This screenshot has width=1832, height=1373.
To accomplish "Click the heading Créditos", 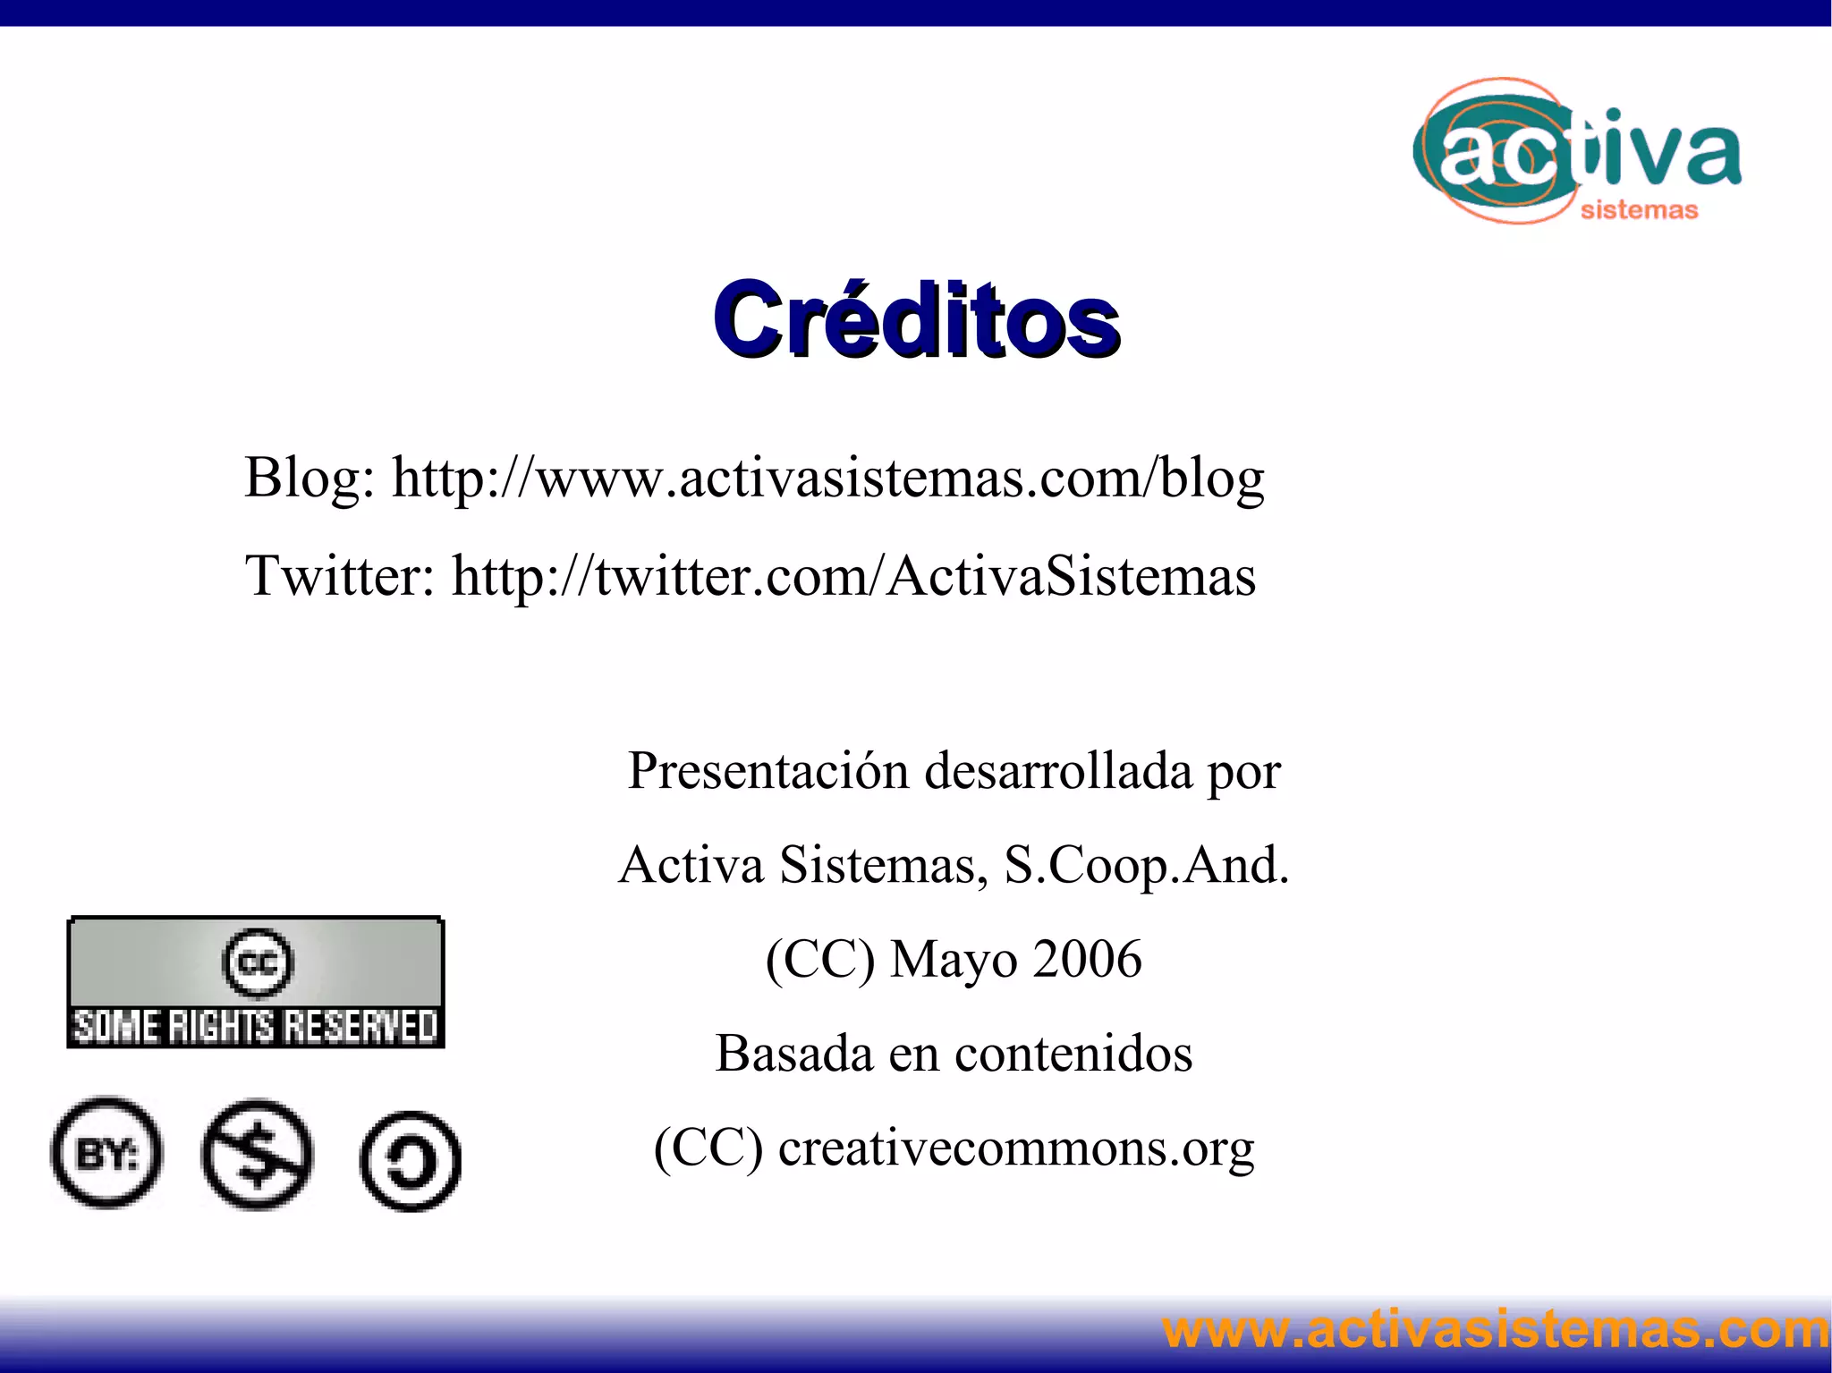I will (x=915, y=320).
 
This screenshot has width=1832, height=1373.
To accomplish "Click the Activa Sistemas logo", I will (x=1576, y=152).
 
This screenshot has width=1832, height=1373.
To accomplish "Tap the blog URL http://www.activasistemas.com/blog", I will (x=827, y=479).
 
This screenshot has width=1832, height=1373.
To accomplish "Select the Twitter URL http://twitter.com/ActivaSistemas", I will (x=853, y=576).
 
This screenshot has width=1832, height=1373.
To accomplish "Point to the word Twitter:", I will (x=340, y=576).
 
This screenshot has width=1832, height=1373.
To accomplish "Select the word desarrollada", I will (x=1058, y=771).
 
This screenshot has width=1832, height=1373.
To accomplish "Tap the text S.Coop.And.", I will (x=1147, y=866).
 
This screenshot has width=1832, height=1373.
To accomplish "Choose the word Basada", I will (x=793, y=1054).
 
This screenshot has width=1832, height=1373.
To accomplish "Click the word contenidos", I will (x=1073, y=1054).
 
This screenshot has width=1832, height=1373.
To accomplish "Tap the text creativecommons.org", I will (x=1016, y=1148).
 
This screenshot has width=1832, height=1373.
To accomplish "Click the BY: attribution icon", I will (x=107, y=1153).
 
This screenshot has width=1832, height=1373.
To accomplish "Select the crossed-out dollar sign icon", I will (x=258, y=1155).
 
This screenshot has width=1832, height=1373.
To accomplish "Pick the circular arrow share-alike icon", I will (x=411, y=1161).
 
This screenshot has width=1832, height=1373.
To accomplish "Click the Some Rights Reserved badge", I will (x=256, y=982).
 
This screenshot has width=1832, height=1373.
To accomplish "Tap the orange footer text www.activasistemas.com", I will (x=1495, y=1330).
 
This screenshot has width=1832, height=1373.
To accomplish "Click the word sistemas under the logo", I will (x=1639, y=210).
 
